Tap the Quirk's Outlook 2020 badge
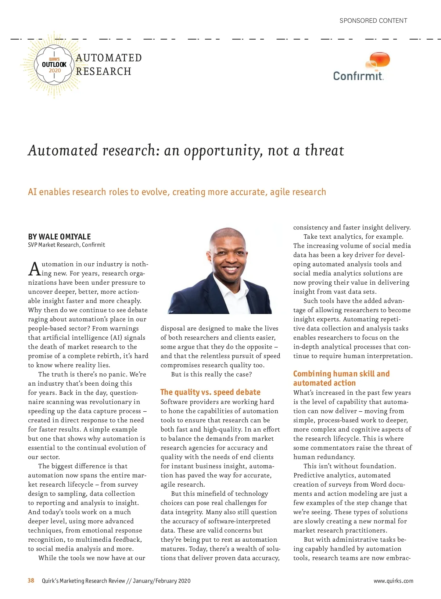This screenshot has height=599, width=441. [54, 65]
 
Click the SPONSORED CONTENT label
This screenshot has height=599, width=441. [373, 21]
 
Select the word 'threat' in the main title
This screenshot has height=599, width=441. [324, 151]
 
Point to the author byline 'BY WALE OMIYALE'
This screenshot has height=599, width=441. [60, 237]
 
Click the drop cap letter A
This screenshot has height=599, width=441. [34, 269]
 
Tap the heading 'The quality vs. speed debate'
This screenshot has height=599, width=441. [210, 392]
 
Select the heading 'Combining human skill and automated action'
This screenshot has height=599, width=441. [341, 378]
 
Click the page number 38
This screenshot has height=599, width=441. [31, 581]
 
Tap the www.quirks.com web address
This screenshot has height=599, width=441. [393, 581]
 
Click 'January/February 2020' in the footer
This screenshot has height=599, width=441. [162, 581]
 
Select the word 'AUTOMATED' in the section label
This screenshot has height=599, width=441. [109, 58]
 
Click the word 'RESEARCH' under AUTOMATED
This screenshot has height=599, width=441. [104, 71]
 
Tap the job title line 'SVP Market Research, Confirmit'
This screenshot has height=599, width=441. [67, 245]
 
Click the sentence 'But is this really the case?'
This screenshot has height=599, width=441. [211, 374]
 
